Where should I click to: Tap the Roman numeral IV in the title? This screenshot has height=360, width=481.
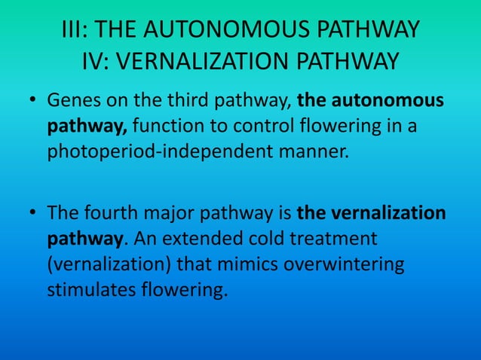click(x=92, y=60)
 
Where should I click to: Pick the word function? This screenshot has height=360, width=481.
click(x=162, y=126)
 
